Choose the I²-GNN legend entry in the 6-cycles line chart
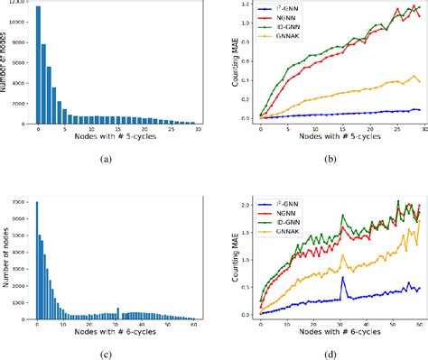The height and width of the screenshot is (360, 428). coord(284,200)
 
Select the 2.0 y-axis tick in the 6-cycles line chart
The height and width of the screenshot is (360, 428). coord(239,205)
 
